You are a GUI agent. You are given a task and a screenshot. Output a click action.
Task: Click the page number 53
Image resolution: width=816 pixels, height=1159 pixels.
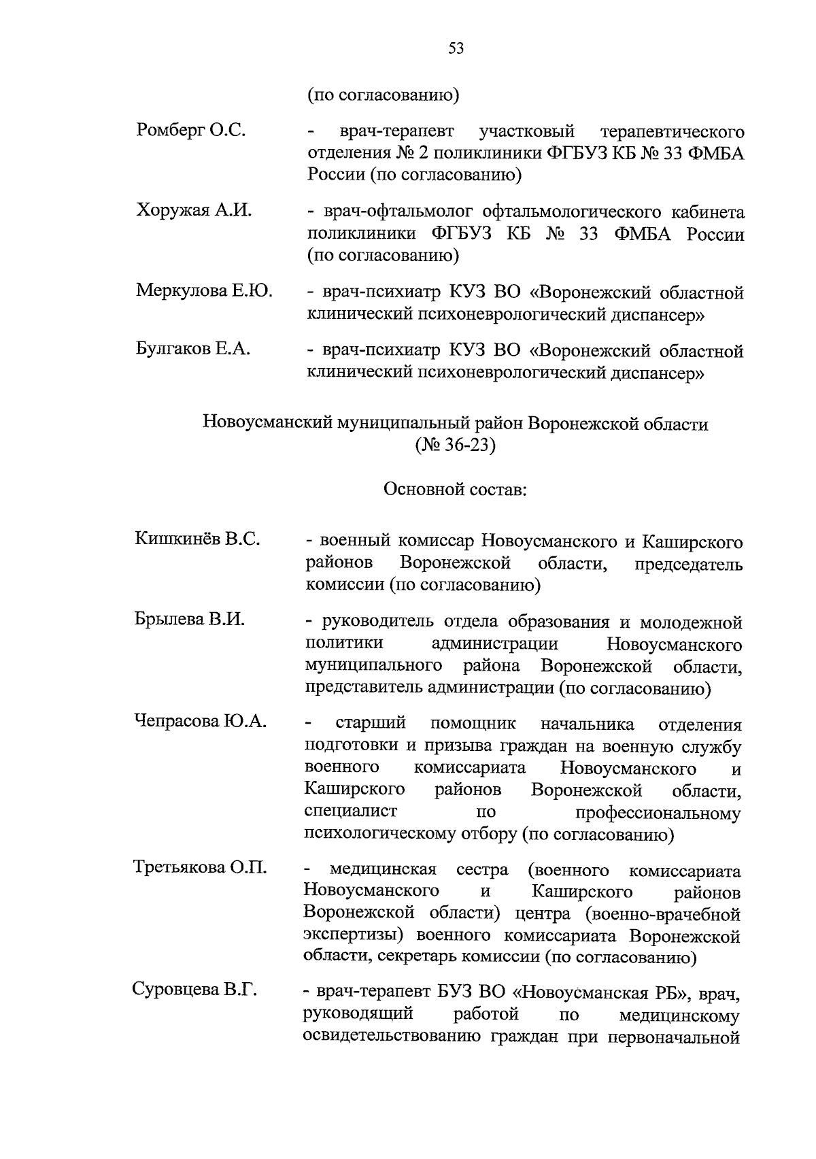456,48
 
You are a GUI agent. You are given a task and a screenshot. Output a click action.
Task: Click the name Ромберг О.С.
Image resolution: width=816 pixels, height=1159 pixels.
190,130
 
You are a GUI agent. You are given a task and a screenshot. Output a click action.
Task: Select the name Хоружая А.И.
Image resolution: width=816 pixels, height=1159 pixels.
194,210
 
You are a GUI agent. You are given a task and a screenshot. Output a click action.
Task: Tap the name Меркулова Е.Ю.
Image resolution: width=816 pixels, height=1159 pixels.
204,291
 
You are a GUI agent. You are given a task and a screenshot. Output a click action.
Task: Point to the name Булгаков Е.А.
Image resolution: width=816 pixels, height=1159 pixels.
193,350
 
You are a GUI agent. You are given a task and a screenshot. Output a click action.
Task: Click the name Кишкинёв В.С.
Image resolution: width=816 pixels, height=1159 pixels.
197,540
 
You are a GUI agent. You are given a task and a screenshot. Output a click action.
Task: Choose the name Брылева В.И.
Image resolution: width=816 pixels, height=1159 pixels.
190,620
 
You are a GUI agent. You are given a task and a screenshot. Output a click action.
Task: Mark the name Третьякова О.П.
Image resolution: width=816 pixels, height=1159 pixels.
200,868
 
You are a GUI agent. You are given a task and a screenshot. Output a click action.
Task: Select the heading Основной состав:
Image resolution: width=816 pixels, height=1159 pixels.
455,489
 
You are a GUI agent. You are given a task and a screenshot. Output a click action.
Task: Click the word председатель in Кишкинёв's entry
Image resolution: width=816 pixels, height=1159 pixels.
688,565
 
